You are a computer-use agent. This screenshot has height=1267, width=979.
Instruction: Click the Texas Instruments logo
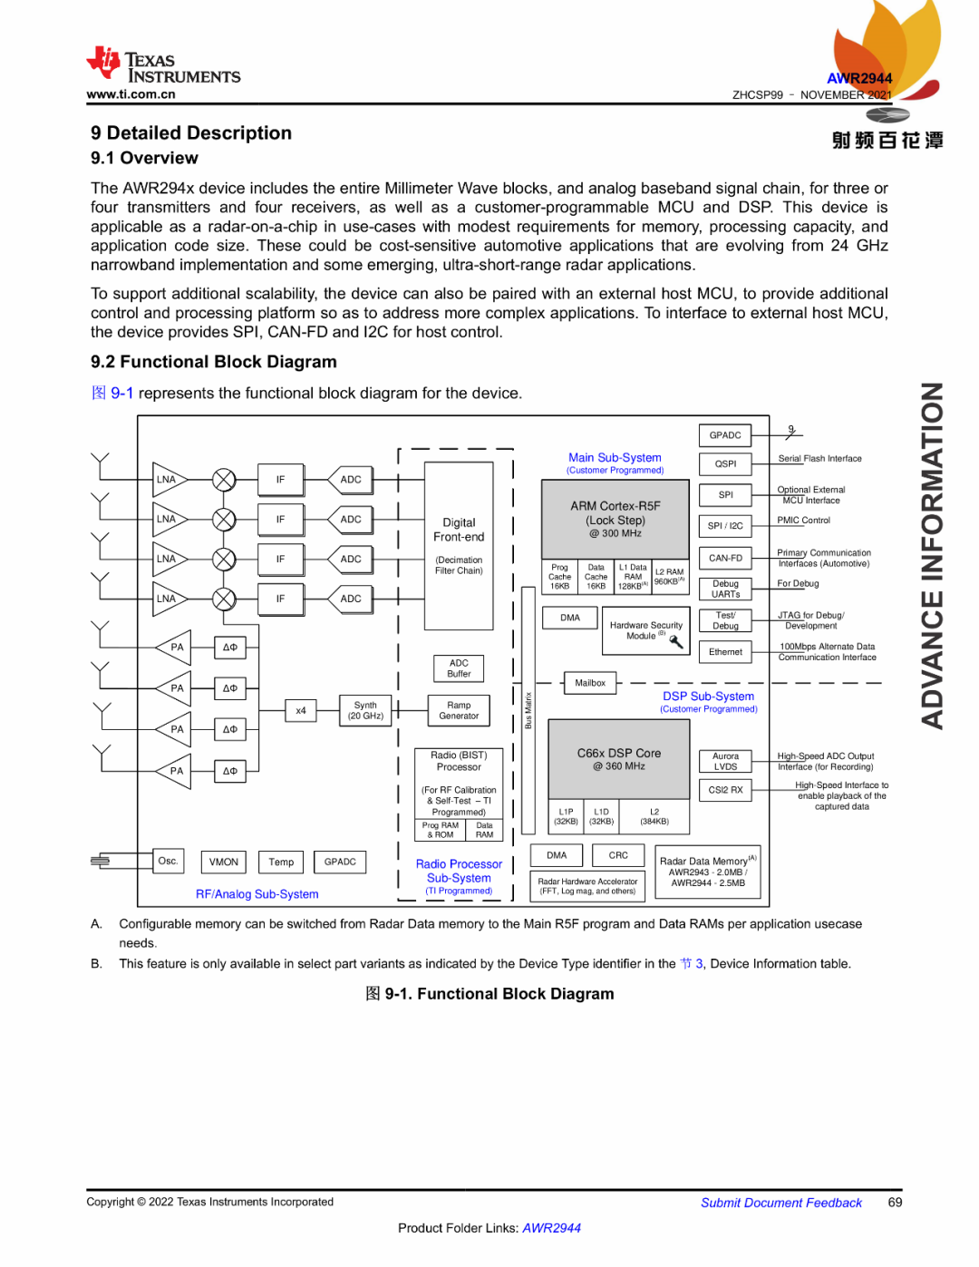(x=163, y=67)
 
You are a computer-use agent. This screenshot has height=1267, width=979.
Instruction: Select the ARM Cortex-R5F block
(x=616, y=519)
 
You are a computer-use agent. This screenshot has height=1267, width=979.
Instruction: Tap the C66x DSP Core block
(x=619, y=759)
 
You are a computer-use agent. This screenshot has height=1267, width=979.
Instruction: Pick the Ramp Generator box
(x=459, y=710)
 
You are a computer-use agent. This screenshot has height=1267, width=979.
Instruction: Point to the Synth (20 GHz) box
(x=365, y=710)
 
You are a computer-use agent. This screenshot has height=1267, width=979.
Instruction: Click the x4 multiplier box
(x=301, y=710)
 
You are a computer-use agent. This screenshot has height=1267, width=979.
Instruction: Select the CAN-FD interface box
(x=725, y=558)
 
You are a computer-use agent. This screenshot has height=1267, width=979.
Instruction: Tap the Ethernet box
(x=725, y=651)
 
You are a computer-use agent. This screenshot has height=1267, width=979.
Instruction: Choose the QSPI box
(x=725, y=463)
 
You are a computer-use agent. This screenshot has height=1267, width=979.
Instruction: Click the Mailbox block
(x=590, y=683)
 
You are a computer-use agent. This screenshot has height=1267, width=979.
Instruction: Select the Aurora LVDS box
(x=725, y=761)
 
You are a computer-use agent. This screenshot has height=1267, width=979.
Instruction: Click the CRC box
(x=618, y=855)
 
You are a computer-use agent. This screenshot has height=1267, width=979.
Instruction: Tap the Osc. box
(x=168, y=861)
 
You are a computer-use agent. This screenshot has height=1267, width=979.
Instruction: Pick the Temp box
(x=281, y=862)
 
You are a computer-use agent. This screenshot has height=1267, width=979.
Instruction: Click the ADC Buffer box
(x=459, y=668)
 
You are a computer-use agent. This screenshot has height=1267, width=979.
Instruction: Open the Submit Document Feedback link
(x=781, y=1203)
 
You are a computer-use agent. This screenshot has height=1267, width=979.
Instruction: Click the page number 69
(x=895, y=1202)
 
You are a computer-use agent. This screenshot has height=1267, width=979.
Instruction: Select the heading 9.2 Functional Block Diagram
(x=214, y=362)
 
